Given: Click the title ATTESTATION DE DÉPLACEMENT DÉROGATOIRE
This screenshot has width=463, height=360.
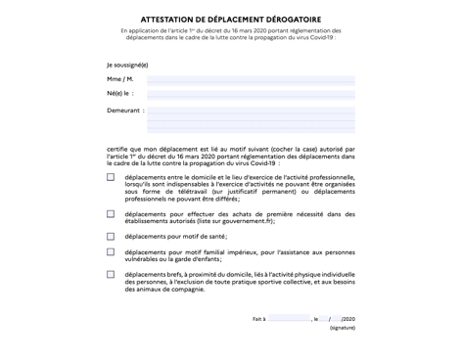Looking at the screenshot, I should pos(231,19).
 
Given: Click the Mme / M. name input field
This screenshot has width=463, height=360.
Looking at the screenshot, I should pos(251,79).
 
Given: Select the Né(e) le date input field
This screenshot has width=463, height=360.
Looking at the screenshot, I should pos(251,95).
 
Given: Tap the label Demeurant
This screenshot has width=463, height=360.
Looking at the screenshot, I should pos(124,111).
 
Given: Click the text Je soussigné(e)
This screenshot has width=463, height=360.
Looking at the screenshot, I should pos(128,64).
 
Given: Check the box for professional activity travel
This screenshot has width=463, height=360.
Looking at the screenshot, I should pos(111,178).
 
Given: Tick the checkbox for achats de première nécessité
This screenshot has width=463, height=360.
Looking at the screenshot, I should pos(111,213).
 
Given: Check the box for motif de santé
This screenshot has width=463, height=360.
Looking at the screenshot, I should pos(111,236).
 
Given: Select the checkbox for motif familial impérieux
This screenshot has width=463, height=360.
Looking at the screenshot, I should pos(111,251).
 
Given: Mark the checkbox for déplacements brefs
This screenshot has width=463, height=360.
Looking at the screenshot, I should pos(111,275).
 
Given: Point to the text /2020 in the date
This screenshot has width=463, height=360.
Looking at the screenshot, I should pos(349,319).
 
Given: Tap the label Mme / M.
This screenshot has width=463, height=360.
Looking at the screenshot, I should pos(120,79).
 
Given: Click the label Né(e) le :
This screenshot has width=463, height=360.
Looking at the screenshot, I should pos(120,95).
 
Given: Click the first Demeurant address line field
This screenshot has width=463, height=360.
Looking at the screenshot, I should pos(251,111).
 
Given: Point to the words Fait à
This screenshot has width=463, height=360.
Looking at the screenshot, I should pos(258,319).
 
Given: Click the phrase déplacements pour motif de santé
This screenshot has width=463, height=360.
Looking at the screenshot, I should pos(176,236).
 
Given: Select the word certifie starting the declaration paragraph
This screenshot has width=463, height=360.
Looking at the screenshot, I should pos(117,148).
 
